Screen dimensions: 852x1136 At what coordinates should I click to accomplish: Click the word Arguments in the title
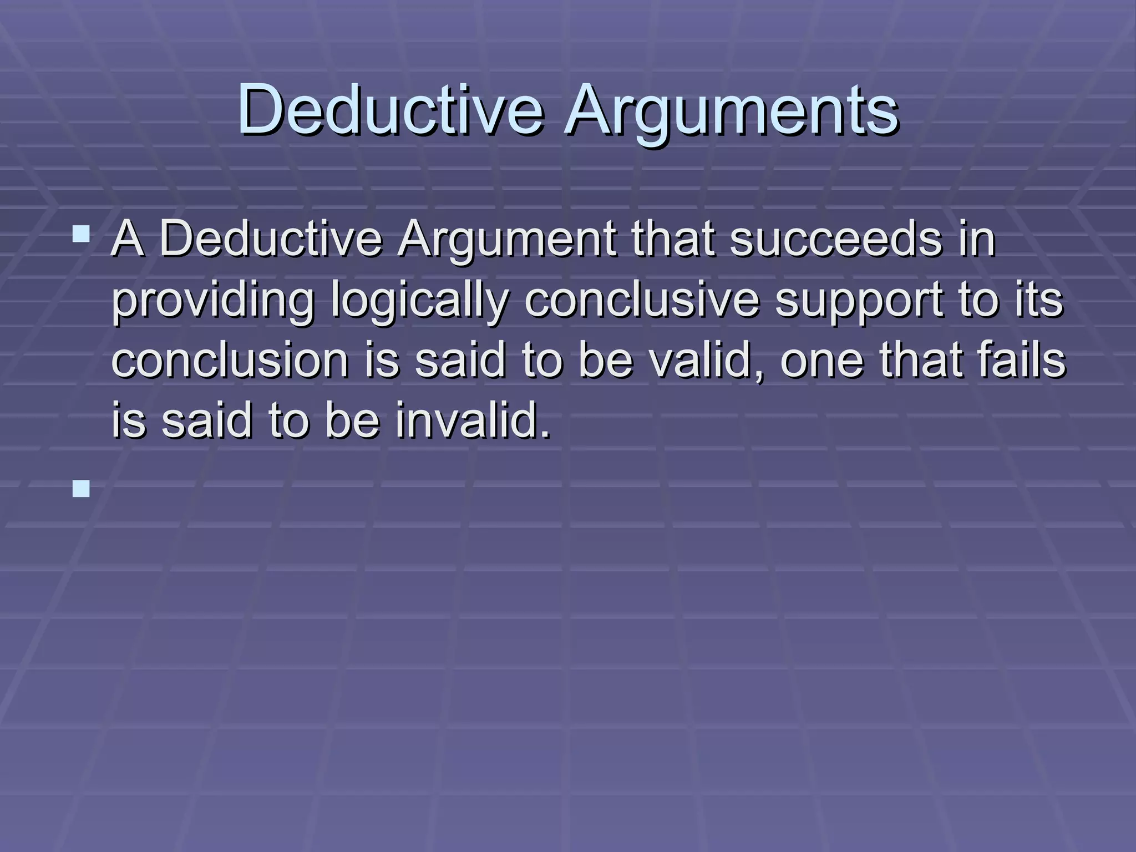[731, 109]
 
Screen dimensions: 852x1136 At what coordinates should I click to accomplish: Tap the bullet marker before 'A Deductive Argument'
[81, 234]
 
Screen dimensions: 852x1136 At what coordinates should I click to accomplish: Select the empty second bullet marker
[81, 489]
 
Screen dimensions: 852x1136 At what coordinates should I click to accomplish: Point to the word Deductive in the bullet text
[271, 240]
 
